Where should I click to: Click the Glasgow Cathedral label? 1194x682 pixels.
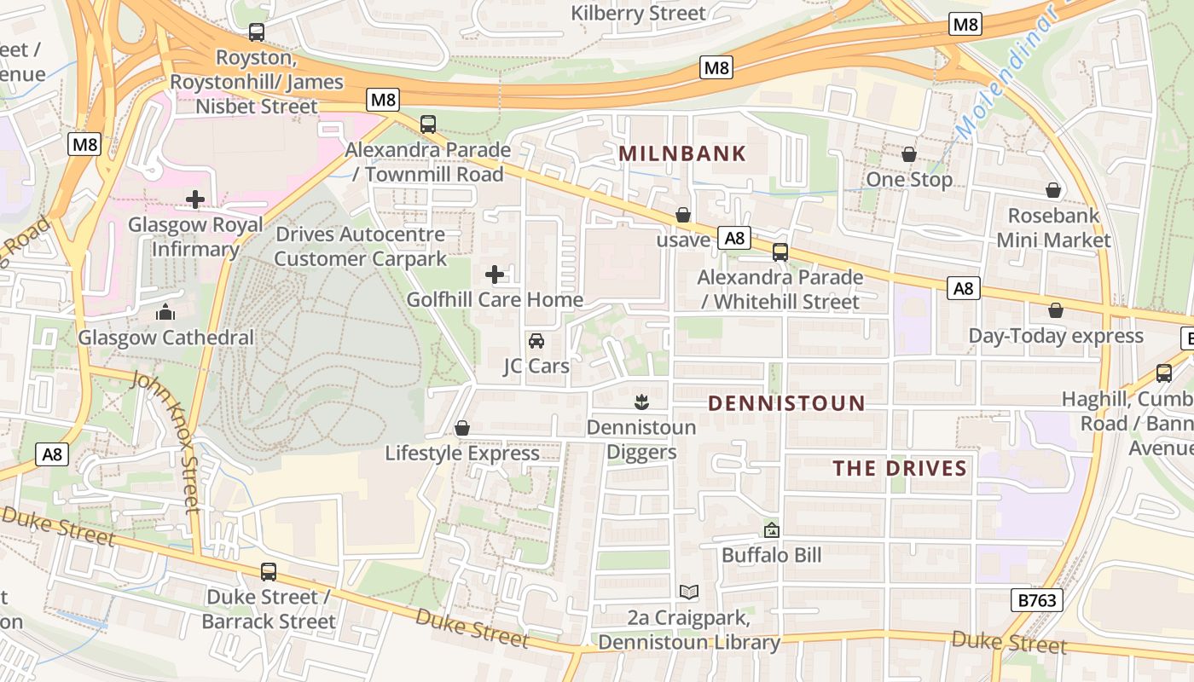click(166, 338)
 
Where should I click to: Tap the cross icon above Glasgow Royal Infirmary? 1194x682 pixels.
click(195, 200)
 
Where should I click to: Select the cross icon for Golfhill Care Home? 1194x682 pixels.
click(495, 275)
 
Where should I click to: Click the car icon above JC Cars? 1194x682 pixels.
click(536, 341)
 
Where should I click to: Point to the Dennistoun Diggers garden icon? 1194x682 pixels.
click(641, 402)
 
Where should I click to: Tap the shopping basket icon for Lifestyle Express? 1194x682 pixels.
click(462, 428)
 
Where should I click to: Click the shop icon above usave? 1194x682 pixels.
click(683, 216)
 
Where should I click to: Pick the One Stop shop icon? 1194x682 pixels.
click(909, 155)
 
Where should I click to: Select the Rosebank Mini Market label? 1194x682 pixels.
click(1053, 228)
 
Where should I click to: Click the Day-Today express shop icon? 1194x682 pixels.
click(1056, 311)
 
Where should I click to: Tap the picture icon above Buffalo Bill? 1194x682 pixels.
click(772, 530)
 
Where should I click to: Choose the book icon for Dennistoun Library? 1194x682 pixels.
click(689, 592)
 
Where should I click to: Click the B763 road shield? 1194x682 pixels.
click(1038, 600)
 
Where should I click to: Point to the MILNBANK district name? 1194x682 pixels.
click(682, 154)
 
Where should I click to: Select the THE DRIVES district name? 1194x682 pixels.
click(900, 468)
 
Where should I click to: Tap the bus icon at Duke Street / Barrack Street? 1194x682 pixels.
click(269, 572)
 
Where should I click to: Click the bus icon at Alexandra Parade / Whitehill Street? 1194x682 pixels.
click(780, 252)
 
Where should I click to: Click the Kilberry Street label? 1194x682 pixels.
click(638, 13)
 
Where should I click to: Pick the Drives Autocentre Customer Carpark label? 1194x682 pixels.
click(360, 246)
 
